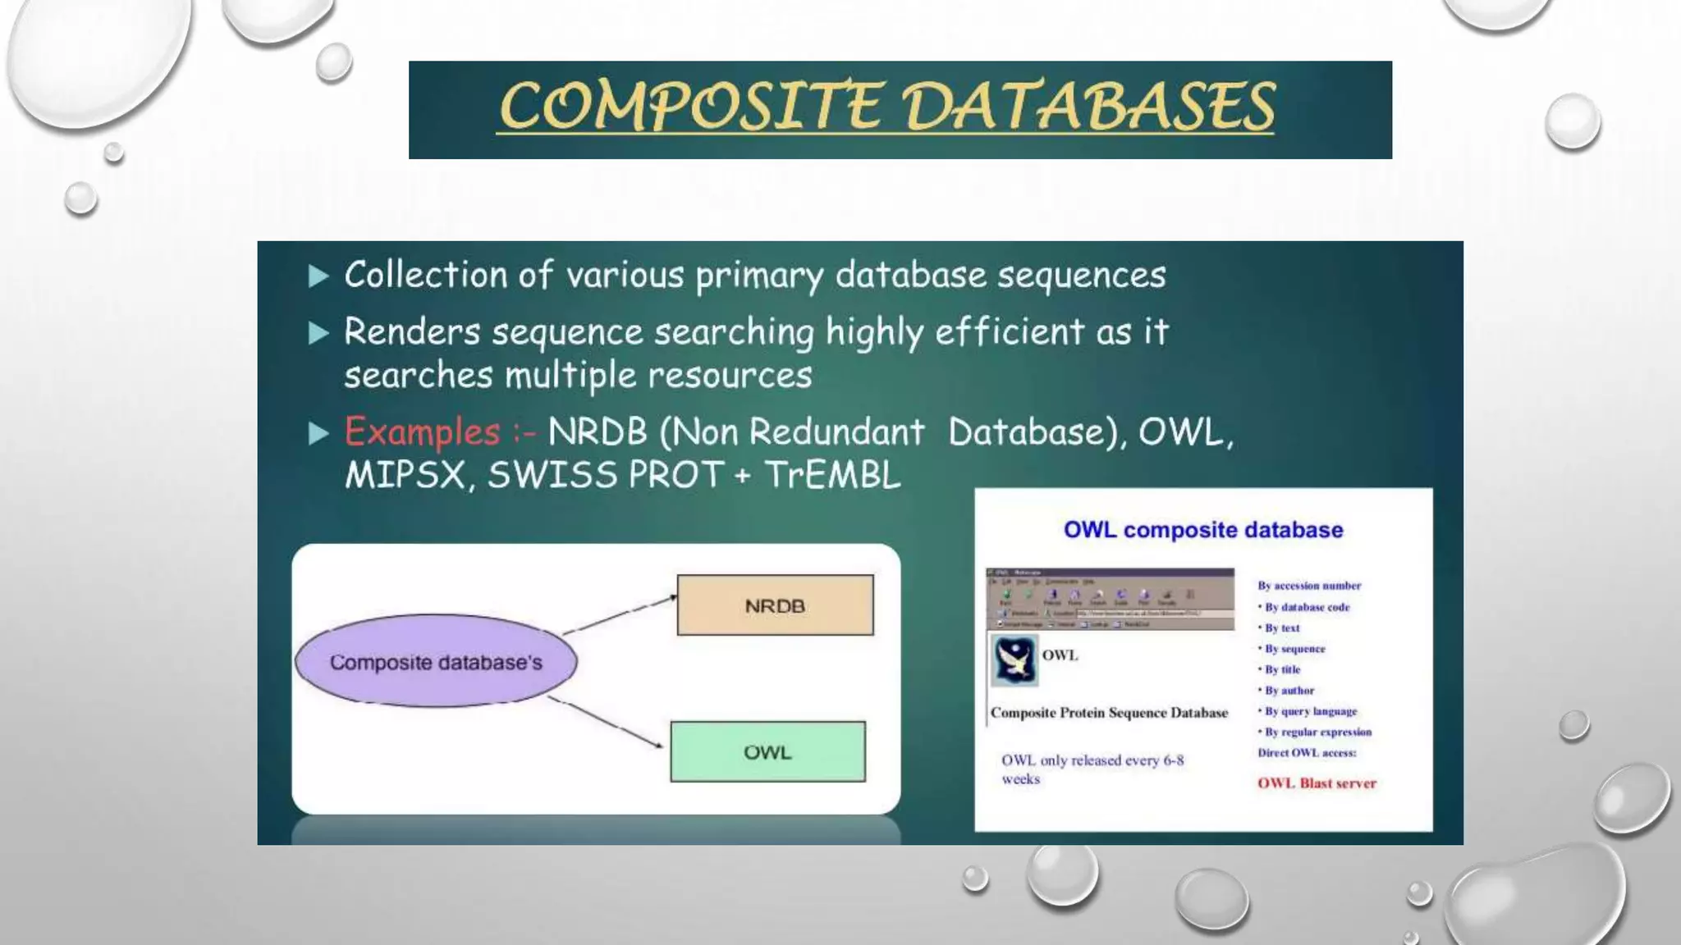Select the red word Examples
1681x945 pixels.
(x=422, y=432)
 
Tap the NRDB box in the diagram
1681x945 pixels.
(x=775, y=605)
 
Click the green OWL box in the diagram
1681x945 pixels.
(x=767, y=752)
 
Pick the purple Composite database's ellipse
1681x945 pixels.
(x=436, y=662)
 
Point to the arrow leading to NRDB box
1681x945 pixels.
(x=621, y=615)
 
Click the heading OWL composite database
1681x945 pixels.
(x=1203, y=530)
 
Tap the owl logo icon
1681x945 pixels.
(x=1015, y=660)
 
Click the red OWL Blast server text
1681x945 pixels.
(x=1317, y=783)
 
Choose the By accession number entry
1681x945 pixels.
(x=1309, y=586)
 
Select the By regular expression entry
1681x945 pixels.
(x=1317, y=732)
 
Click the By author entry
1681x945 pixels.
(x=1289, y=691)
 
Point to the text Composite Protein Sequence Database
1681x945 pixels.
(x=1109, y=713)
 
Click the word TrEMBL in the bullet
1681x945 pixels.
(x=832, y=475)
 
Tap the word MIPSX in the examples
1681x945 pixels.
(x=405, y=475)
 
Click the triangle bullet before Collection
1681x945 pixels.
(x=318, y=276)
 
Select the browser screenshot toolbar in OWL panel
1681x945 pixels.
(x=1110, y=599)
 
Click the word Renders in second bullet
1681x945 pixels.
(x=411, y=332)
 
